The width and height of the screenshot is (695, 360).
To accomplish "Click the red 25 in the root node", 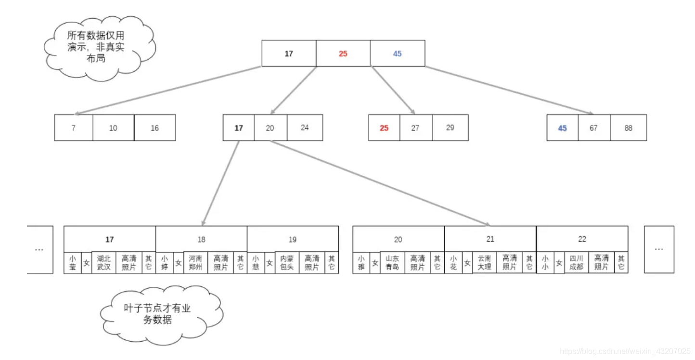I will [343, 53].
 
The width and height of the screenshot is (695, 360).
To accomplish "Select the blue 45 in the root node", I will [397, 53].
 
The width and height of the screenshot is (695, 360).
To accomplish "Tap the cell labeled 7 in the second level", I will [73, 128].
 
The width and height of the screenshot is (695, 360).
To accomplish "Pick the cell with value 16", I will [154, 128].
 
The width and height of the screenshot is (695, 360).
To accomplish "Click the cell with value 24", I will [305, 128].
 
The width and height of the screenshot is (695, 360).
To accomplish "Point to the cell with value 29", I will [450, 128].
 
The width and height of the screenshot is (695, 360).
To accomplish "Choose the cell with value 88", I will [628, 128].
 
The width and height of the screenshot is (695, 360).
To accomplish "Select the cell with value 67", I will [593, 128].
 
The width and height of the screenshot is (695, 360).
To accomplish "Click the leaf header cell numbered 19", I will [293, 239].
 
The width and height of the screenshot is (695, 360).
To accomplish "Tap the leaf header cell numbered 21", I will [490, 239].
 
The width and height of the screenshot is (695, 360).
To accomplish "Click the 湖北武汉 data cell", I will [103, 263].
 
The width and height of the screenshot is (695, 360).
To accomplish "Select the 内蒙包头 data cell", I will [287, 263].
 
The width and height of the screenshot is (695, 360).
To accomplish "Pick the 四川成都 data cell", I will [576, 263].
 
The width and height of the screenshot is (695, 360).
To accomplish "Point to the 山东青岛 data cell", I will [392, 263].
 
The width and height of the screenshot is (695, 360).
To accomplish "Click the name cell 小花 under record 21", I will [453, 263].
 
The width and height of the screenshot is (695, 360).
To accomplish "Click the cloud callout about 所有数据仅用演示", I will [99, 47].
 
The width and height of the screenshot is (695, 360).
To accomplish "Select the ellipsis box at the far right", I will [659, 249].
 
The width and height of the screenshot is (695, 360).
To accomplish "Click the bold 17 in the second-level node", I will [239, 128].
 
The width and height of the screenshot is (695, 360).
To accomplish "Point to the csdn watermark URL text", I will [626, 352].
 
